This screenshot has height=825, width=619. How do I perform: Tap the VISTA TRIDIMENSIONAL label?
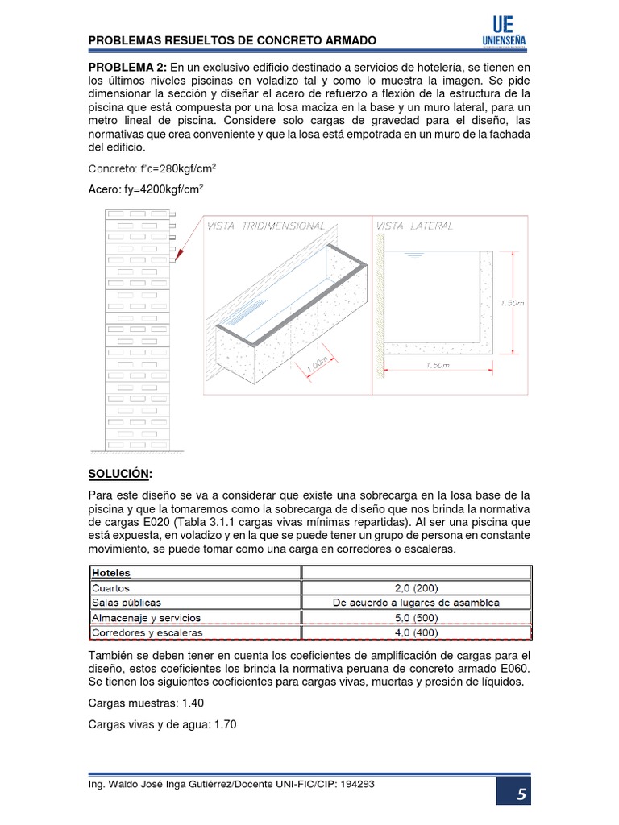266,226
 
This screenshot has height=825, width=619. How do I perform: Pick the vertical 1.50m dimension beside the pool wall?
513,303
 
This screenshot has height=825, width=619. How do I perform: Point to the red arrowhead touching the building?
178,257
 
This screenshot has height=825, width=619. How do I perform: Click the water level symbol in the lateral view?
414,255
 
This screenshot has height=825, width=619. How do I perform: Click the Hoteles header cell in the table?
112,573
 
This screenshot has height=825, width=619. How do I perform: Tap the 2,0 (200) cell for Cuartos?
416,587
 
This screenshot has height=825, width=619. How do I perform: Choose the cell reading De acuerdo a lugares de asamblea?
416,603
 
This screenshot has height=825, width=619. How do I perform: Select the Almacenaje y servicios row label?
146,618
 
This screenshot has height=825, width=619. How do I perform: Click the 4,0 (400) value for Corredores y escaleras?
416,632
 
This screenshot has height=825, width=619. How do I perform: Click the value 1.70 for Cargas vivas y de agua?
225,724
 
